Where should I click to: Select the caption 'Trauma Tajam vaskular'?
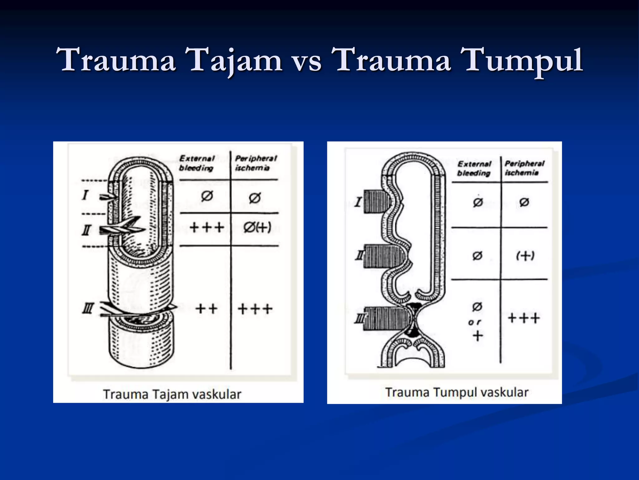click(x=172, y=394)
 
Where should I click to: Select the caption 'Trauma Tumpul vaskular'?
click(x=457, y=392)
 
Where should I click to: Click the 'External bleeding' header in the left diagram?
click(x=197, y=163)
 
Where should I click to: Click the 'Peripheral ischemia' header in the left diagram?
click(x=256, y=163)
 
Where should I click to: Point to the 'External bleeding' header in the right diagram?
click(x=474, y=168)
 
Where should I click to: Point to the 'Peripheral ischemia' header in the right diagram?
click(x=524, y=168)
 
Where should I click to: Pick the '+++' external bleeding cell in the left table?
click(x=207, y=227)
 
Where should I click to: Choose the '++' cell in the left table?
click(x=206, y=309)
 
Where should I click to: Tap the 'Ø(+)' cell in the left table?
click(x=257, y=227)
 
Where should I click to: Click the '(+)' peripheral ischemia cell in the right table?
click(x=525, y=256)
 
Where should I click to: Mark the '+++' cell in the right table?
click(x=524, y=318)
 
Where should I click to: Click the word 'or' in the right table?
click(x=475, y=322)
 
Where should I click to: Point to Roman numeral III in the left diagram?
click(x=88, y=309)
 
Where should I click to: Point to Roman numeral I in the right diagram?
click(x=358, y=202)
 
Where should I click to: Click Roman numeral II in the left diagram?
click(x=86, y=231)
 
